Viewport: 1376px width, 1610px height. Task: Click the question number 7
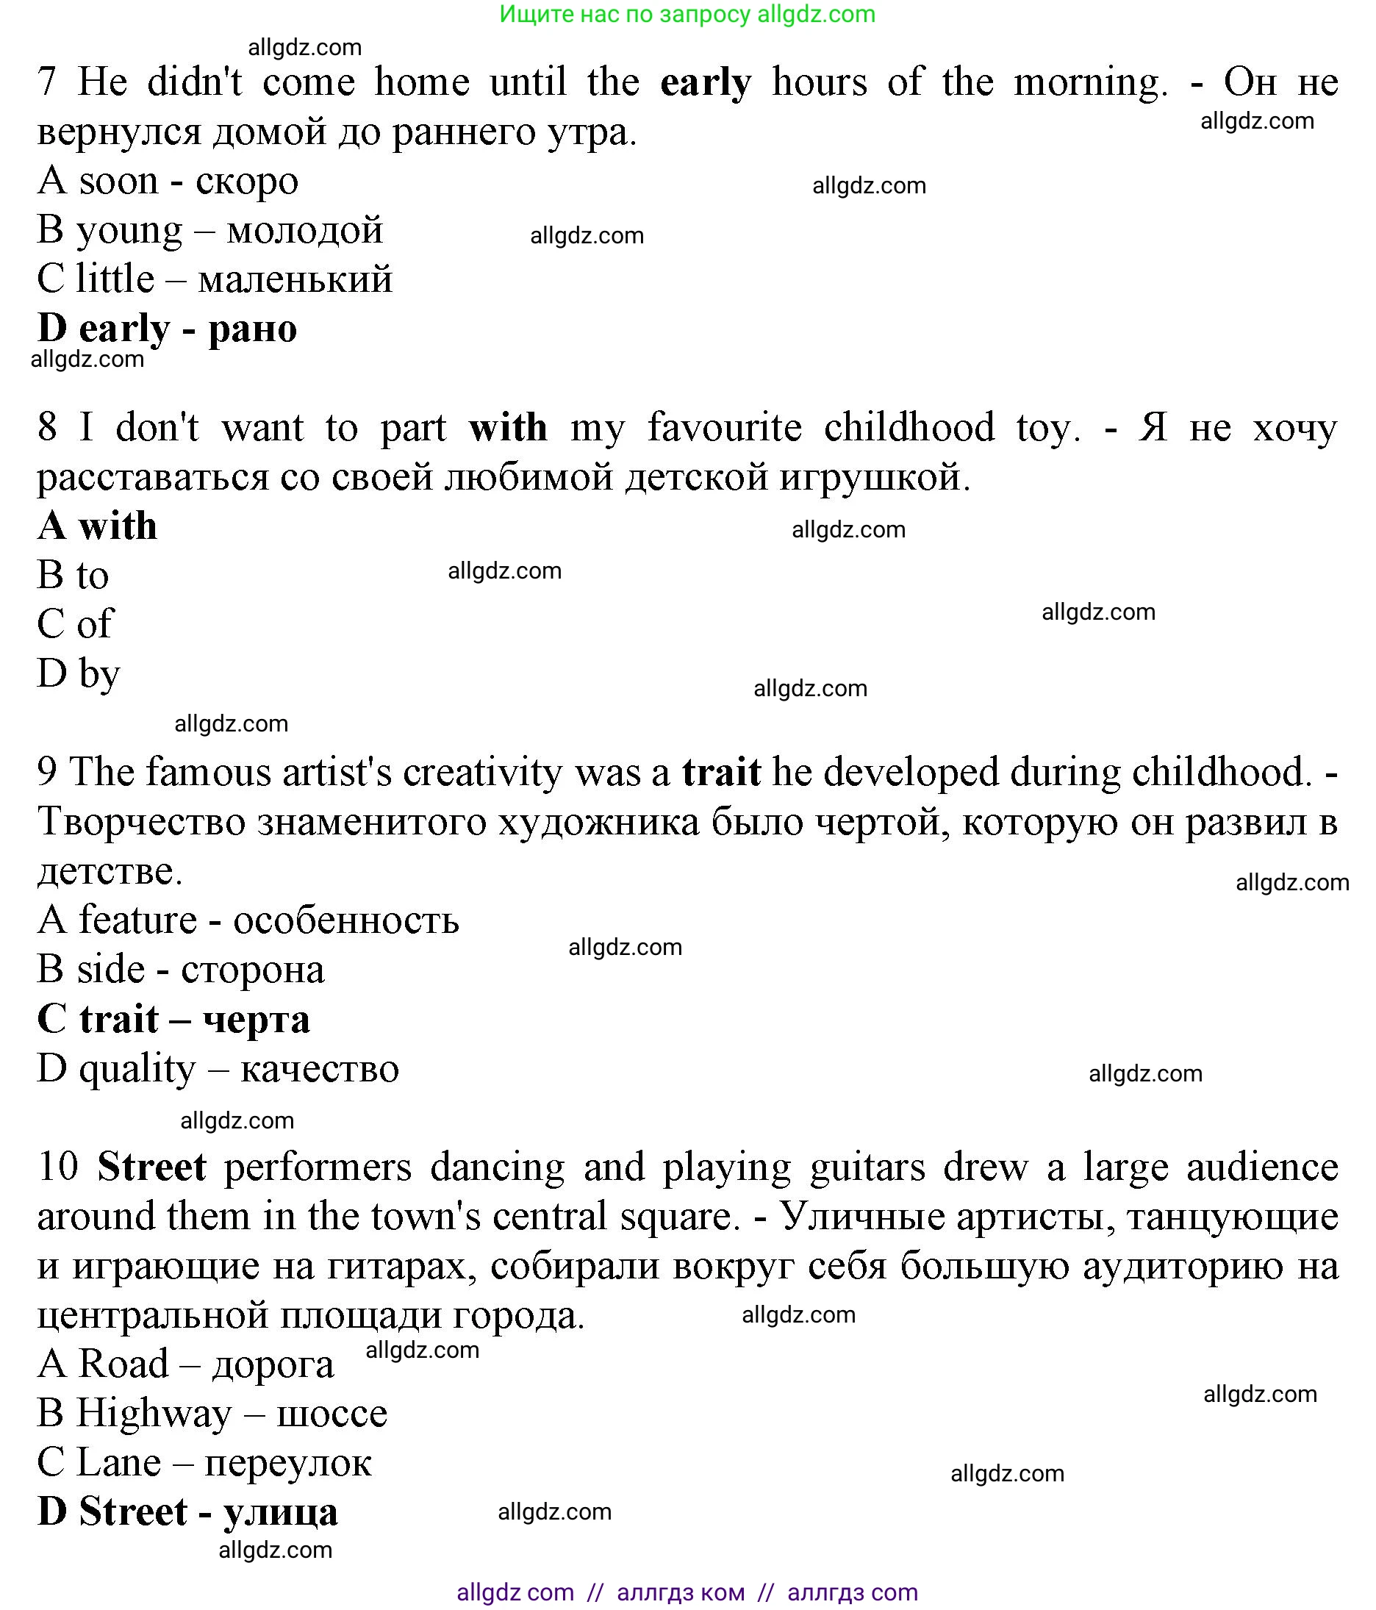click(x=47, y=82)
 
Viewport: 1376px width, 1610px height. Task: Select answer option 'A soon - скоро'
click(x=167, y=180)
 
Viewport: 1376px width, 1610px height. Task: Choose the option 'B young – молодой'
click(x=209, y=230)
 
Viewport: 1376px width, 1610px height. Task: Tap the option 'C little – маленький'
click(x=215, y=279)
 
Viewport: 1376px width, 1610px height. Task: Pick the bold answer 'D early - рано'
click(x=167, y=329)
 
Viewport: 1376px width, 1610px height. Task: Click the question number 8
click(x=47, y=427)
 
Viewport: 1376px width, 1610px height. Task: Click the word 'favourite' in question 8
click(x=724, y=427)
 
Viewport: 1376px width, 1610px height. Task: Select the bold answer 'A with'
click(x=97, y=526)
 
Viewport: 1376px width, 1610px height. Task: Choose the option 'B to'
click(x=72, y=575)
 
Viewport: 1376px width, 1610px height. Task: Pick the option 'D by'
click(x=78, y=673)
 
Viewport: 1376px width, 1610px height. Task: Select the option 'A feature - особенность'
click(x=248, y=920)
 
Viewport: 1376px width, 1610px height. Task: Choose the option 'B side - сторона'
click(x=180, y=970)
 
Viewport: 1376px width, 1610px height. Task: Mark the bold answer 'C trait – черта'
click(x=173, y=1020)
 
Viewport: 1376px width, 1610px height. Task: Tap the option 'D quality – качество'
click(x=218, y=1069)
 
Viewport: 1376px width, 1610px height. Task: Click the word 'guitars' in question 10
click(x=867, y=1168)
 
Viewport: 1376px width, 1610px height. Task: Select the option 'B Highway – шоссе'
click(x=212, y=1414)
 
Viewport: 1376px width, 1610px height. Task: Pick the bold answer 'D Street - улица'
click(x=187, y=1512)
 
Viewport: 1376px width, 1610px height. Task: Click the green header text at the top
click(x=687, y=14)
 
